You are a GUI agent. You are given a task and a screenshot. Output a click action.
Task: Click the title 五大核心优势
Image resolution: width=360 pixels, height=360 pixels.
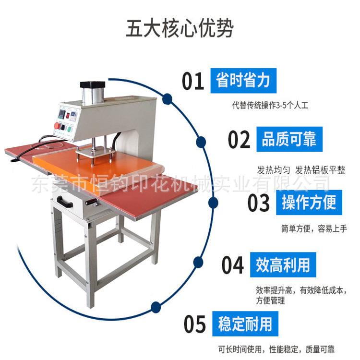pyautogui.click(x=180, y=28)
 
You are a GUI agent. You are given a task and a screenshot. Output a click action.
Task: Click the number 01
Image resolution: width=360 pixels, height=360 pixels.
pyautogui.click(x=193, y=81)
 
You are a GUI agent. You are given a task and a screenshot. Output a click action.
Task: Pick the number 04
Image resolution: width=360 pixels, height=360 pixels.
pyautogui.click(x=233, y=265)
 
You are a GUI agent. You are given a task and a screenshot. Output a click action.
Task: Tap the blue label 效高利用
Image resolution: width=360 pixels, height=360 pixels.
pyautogui.click(x=283, y=264)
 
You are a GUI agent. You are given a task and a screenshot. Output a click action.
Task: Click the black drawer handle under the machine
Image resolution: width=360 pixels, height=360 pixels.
pyautogui.click(x=65, y=203)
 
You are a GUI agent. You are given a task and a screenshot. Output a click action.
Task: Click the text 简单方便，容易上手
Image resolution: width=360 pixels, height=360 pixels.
pyautogui.click(x=314, y=228)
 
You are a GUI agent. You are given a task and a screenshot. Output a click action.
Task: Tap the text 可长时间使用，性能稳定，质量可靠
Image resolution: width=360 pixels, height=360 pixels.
pyautogui.click(x=283, y=348)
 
